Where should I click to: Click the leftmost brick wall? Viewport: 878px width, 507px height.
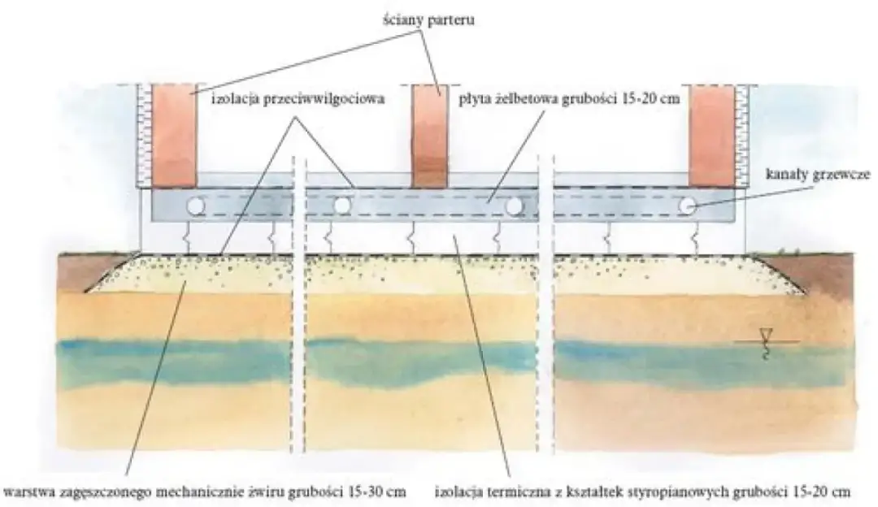pyautogui.click(x=174, y=134)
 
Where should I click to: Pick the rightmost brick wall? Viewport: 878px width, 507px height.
pyautogui.click(x=712, y=134)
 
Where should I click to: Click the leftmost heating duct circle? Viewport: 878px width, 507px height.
pyautogui.click(x=197, y=206)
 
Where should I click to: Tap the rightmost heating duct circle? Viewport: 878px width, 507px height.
pyautogui.click(x=688, y=206)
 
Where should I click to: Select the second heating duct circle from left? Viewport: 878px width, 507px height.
pyautogui.click(x=342, y=206)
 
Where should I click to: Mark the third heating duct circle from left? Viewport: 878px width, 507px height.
pyautogui.click(x=513, y=206)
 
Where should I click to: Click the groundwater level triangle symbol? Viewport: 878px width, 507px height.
pyautogui.click(x=765, y=333)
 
